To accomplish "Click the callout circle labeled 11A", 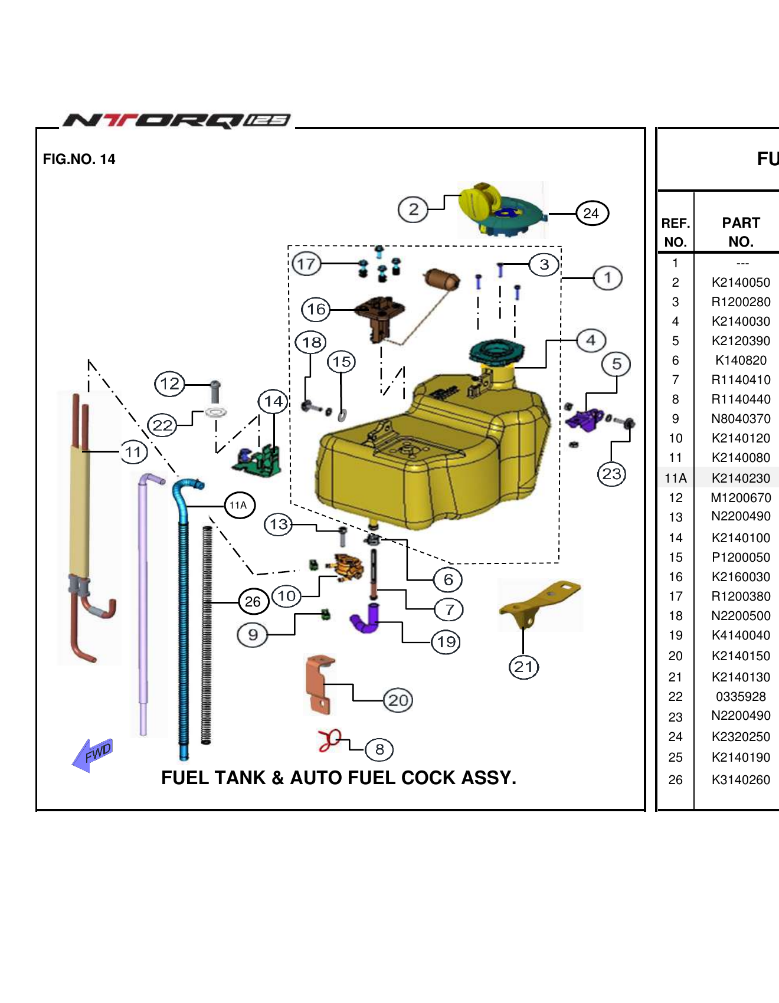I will click(239, 505).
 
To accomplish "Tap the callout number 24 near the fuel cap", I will click(591, 214).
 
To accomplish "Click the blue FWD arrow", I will click(92, 755).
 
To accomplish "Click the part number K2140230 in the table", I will click(741, 478).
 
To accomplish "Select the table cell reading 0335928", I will click(741, 696).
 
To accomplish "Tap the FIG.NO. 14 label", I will click(79, 159).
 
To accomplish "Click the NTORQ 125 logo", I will click(177, 121).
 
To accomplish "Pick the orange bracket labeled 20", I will click(319, 684).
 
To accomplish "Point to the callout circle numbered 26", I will click(253, 601).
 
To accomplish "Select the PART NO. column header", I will click(741, 232).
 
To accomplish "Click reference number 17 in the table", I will click(675, 596).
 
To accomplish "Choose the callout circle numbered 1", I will click(607, 278).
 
